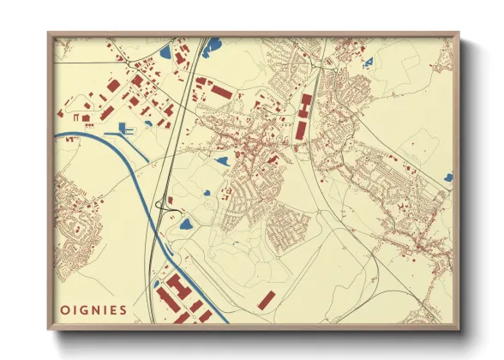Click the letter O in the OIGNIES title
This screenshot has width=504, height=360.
[65, 310]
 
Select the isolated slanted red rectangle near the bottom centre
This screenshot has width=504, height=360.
[267, 299]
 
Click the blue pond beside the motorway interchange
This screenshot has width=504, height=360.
[185, 225]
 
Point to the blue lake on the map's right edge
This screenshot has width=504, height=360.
[448, 177]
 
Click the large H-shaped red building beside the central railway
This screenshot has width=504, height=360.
[305, 106]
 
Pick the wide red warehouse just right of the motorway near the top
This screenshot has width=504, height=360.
[220, 91]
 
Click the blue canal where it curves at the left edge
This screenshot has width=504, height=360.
[64, 135]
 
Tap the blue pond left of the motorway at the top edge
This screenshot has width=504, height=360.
[165, 51]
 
